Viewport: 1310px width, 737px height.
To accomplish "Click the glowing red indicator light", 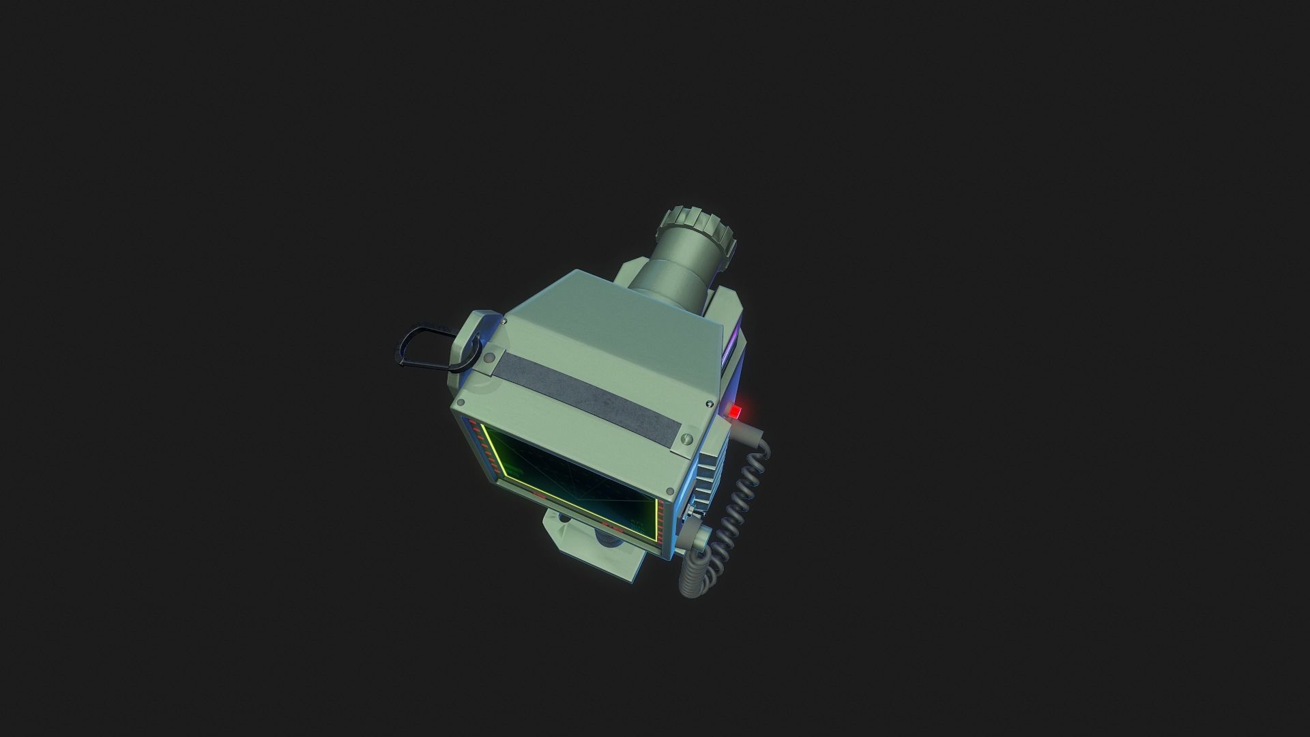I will [736, 412].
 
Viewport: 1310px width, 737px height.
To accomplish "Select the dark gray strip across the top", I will [587, 395].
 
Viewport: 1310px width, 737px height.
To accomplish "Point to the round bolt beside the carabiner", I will [489, 357].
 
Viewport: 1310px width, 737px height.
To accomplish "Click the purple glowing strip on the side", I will [734, 345].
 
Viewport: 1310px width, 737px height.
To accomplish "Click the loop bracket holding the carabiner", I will [471, 341].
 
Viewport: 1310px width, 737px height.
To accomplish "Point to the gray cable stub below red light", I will [747, 432].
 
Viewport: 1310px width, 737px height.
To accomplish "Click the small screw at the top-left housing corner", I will [504, 321].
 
